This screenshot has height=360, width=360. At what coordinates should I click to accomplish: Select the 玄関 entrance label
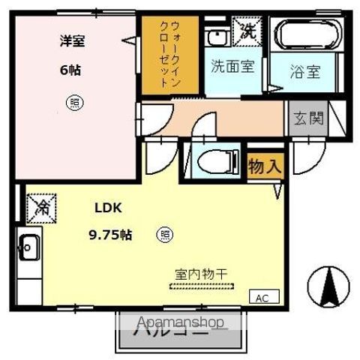pyautogui.click(x=307, y=118)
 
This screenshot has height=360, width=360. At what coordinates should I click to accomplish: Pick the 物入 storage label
pyautogui.click(x=265, y=166)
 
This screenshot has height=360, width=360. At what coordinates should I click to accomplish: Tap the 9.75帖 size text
pyautogui.click(x=110, y=235)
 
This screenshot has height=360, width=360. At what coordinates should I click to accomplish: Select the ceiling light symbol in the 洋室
pyautogui.click(x=72, y=101)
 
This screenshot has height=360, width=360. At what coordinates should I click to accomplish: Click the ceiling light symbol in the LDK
pyautogui.click(x=164, y=235)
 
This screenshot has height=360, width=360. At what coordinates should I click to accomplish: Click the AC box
pyautogui.click(x=262, y=298)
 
